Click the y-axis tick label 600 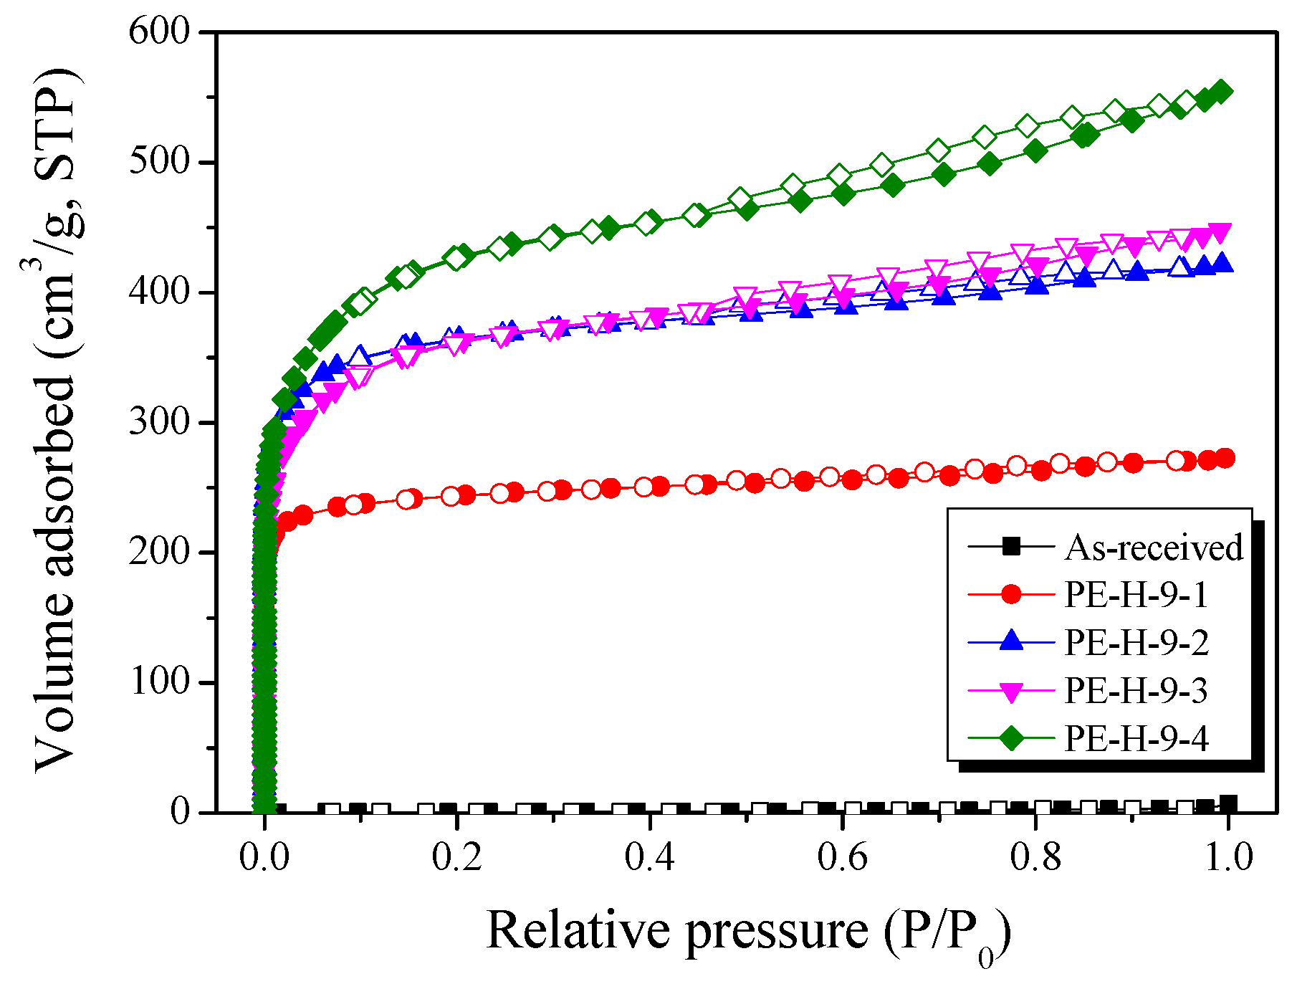[x=158, y=32]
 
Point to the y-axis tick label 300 [x=158, y=423]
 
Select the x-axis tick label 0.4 [x=649, y=857]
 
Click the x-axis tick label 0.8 [x=1035, y=857]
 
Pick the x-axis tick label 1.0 [x=1228, y=857]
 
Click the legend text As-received [x=1154, y=548]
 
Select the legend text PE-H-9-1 [x=1136, y=595]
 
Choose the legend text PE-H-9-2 [x=1136, y=642]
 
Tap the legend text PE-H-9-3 [x=1136, y=690]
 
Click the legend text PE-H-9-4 [x=1136, y=738]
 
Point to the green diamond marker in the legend [x=1011, y=737]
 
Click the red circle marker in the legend [x=1011, y=594]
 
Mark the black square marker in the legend [x=1011, y=547]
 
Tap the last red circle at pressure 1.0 [x=1225, y=458]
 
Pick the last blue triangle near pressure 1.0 [x=1223, y=263]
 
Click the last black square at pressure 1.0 [x=1228, y=803]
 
